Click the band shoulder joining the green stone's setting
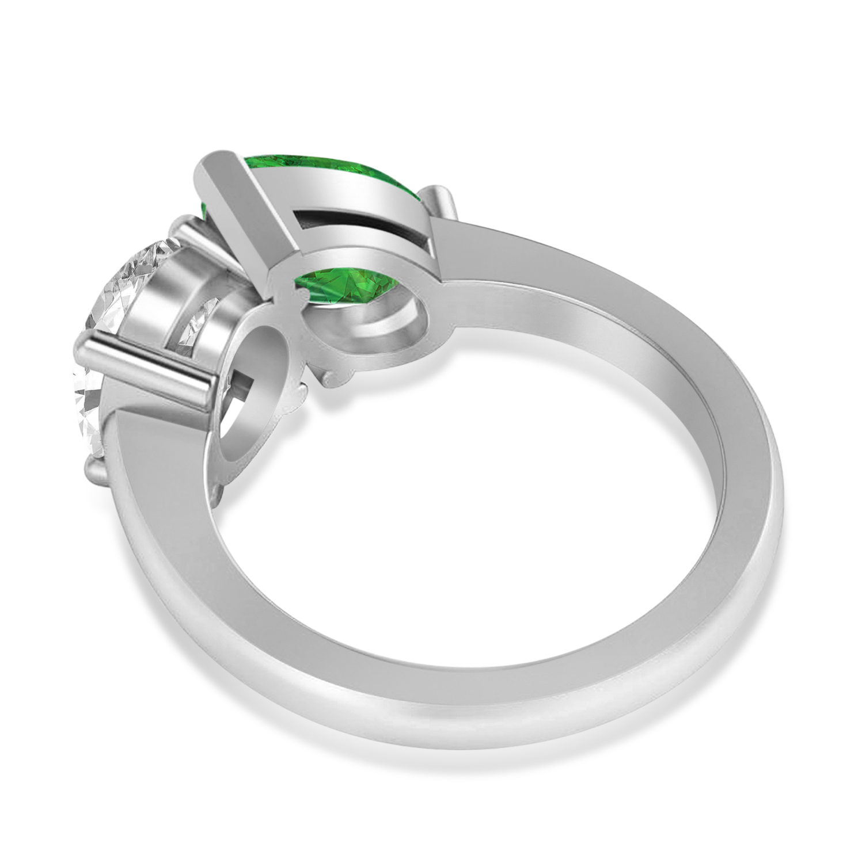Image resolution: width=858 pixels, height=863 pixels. coord(518,253)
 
